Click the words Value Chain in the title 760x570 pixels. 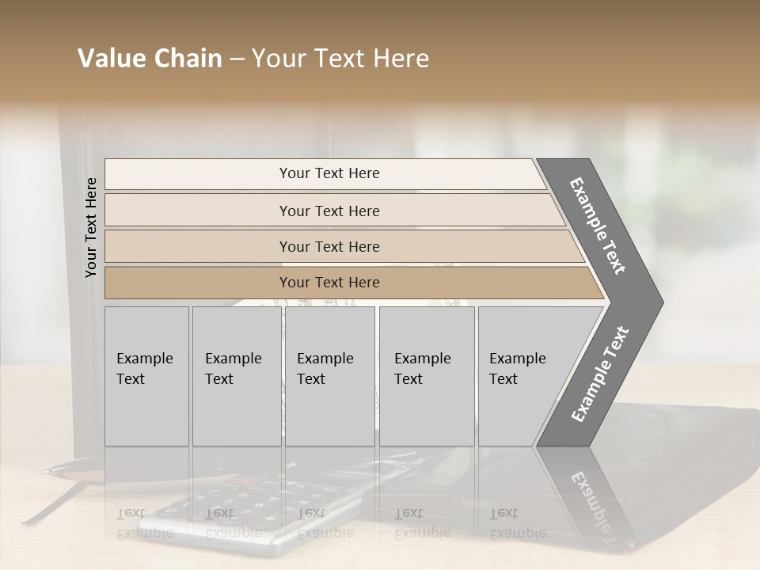150,59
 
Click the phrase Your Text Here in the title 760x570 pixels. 340,59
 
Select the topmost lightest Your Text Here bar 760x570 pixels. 329,173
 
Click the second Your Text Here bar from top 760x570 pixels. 329,211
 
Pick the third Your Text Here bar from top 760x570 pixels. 329,246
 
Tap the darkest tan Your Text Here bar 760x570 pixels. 329,283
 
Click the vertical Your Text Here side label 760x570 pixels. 91,227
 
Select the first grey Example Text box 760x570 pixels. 146,376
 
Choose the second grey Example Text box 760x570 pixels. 236,376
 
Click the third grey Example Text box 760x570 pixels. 329,376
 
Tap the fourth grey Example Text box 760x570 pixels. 426,376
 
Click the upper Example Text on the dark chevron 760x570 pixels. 598,226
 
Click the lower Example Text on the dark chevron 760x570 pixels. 600,374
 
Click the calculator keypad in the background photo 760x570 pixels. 237,507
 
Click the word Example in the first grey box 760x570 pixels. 144,359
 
